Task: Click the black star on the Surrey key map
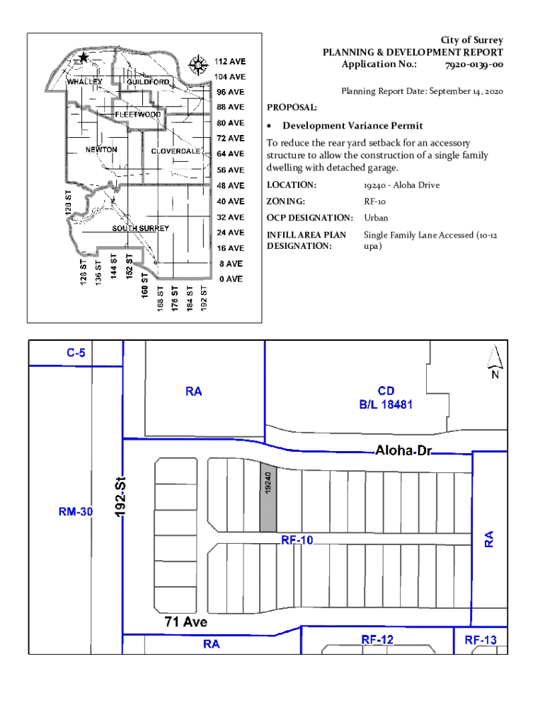click(84, 58)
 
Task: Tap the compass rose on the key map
click(198, 65)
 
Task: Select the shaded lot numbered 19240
click(268, 498)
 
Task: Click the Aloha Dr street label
click(403, 450)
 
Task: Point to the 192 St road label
click(120, 496)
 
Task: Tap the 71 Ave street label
click(186, 621)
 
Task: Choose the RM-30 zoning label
click(75, 512)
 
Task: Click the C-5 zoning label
click(76, 353)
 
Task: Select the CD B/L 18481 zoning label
click(386, 397)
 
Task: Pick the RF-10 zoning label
click(297, 539)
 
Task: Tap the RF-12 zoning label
click(377, 639)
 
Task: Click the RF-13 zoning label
click(481, 640)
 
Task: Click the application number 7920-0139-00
click(474, 64)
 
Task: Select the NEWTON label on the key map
click(101, 150)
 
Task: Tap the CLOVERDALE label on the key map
click(176, 151)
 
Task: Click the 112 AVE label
click(230, 62)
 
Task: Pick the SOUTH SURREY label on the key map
click(141, 228)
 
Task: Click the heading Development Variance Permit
click(352, 126)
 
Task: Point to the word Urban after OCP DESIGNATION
click(376, 218)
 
